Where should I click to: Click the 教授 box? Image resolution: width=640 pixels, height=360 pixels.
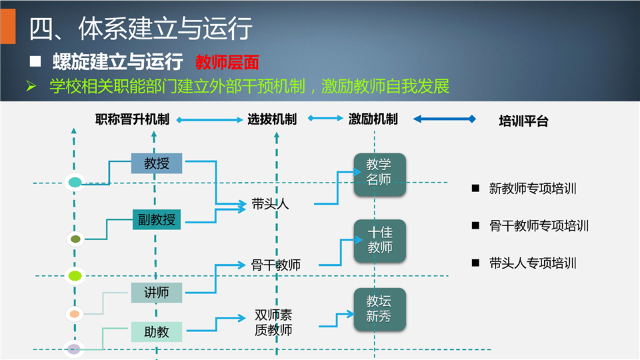click(156, 163)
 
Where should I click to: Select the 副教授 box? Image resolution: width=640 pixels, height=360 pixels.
click(157, 219)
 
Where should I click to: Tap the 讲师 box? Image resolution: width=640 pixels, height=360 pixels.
click(156, 292)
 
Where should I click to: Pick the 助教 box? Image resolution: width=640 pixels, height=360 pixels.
click(156, 332)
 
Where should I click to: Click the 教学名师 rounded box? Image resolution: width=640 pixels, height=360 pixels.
click(379, 174)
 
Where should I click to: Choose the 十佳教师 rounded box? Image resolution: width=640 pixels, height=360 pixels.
click(379, 241)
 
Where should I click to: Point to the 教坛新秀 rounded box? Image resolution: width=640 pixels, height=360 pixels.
click(379, 309)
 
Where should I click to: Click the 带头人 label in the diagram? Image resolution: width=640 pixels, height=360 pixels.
click(270, 204)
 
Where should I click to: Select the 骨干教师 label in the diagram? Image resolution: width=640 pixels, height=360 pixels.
click(276, 265)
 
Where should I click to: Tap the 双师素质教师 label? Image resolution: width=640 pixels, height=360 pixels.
click(273, 323)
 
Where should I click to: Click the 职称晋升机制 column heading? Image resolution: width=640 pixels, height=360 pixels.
click(132, 119)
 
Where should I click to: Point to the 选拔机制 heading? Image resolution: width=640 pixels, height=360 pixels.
click(272, 119)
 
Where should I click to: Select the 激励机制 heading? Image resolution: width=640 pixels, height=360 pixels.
click(373, 119)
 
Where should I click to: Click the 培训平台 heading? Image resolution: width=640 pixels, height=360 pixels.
click(523, 121)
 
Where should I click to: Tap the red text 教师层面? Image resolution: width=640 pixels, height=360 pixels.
click(227, 63)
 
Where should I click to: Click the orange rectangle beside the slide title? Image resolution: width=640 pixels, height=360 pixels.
click(8, 26)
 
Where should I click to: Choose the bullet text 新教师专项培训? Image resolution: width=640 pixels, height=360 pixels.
click(533, 189)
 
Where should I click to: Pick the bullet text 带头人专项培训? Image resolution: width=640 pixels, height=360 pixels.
click(533, 263)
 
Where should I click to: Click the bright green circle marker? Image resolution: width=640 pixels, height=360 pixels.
click(75, 276)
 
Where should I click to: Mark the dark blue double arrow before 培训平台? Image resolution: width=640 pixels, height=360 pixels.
click(445, 119)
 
